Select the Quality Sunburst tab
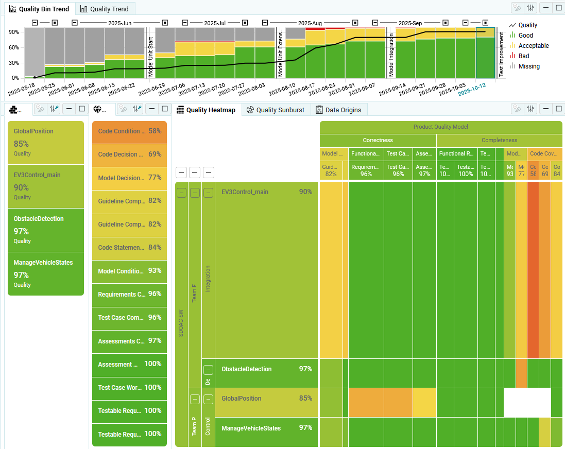click(x=275, y=110)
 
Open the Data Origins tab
click(x=338, y=110)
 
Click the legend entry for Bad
click(x=523, y=56)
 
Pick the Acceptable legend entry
click(x=533, y=45)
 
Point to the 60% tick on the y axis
click(x=13, y=47)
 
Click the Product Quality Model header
click(x=440, y=127)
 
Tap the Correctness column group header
click(x=378, y=140)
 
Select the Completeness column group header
click(x=499, y=140)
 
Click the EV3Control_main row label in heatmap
click(x=245, y=192)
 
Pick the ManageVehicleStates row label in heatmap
click(x=251, y=428)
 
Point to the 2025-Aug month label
click(x=310, y=23)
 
